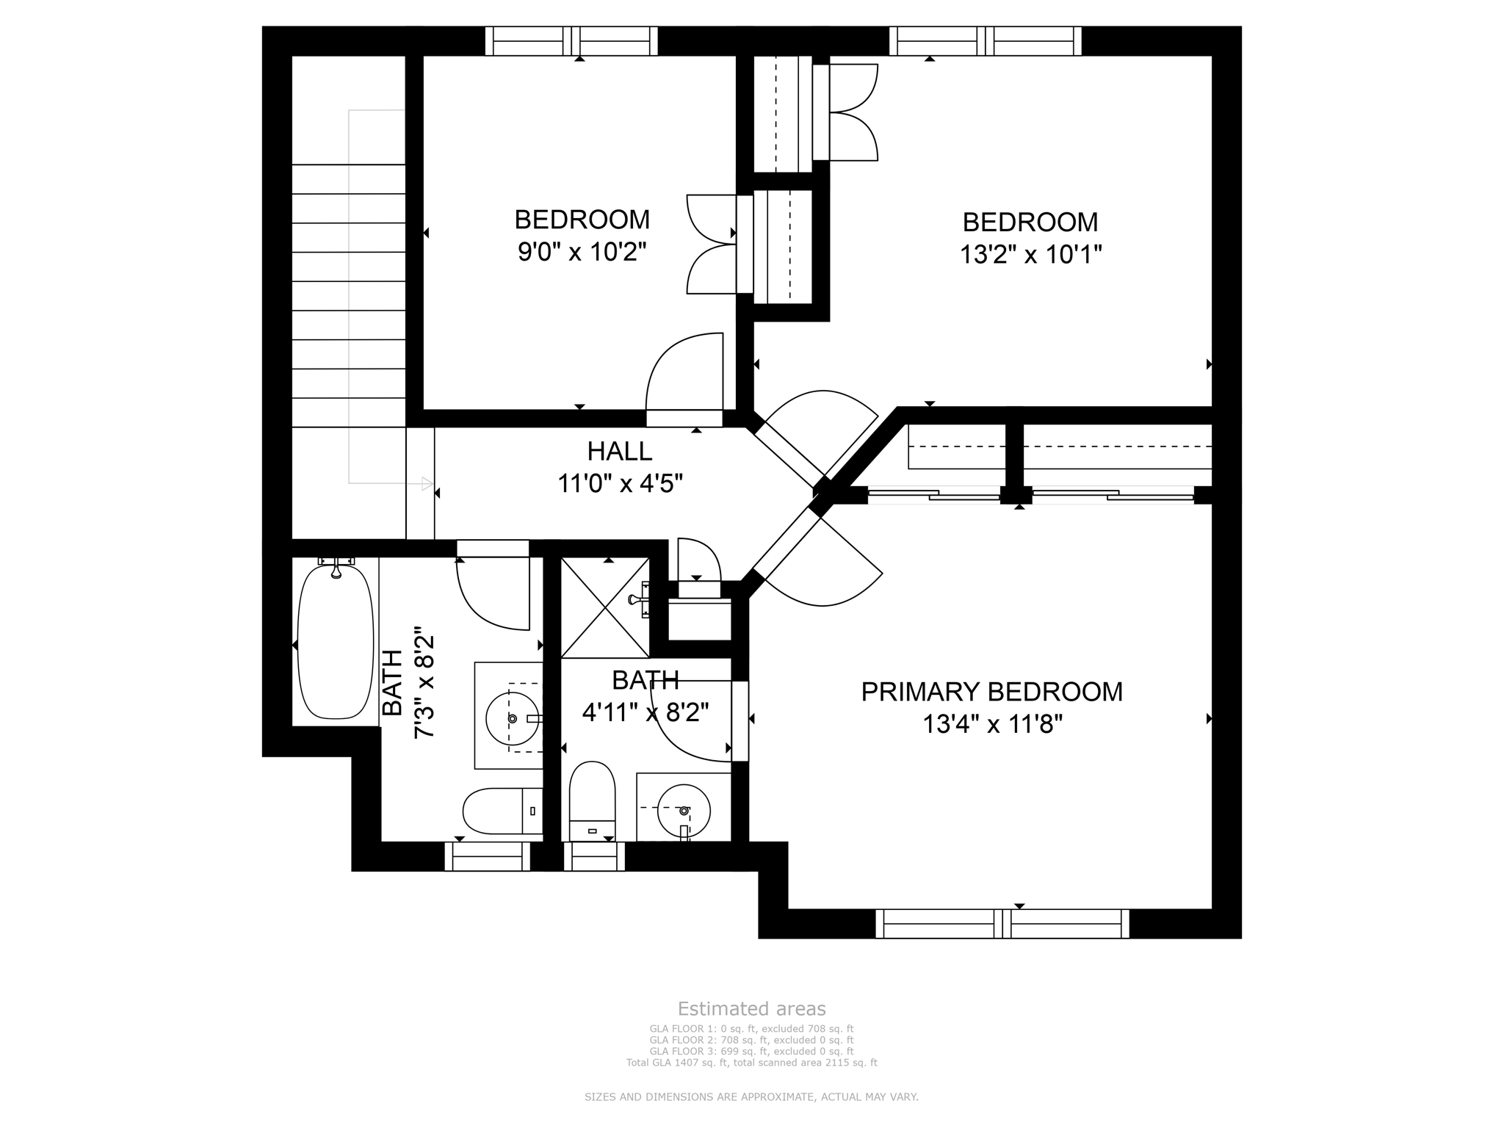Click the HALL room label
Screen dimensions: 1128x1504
(x=619, y=450)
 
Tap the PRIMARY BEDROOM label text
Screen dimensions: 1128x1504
(x=991, y=692)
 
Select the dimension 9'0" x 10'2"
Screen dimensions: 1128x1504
(x=582, y=252)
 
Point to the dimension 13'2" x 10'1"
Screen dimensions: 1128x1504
(x=1030, y=254)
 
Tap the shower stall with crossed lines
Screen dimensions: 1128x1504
(x=605, y=607)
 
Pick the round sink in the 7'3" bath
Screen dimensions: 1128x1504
(x=512, y=717)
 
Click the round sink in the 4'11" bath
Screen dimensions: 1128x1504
(x=684, y=810)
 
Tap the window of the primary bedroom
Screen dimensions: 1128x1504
(x=1002, y=923)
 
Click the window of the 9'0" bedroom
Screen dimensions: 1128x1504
(x=571, y=41)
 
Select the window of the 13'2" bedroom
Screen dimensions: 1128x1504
(x=985, y=41)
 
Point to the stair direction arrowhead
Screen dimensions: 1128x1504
(x=427, y=483)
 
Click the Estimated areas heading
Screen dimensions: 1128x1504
(x=751, y=1008)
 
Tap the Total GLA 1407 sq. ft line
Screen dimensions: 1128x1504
(x=751, y=1062)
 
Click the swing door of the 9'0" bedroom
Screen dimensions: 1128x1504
(x=684, y=375)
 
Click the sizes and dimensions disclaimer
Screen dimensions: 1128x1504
(x=751, y=1096)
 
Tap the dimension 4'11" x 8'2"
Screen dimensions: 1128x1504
(x=645, y=712)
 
